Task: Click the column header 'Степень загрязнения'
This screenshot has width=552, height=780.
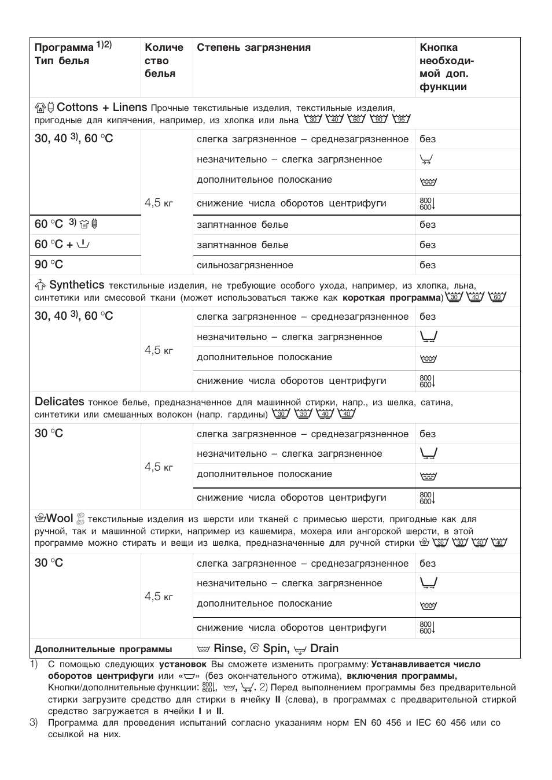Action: (x=253, y=48)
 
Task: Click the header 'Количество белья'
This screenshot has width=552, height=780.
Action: (x=164, y=61)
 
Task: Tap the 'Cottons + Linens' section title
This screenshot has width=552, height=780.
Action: (x=102, y=108)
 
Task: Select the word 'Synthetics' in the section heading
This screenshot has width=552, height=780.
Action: (x=76, y=285)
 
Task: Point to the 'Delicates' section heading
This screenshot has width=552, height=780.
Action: (x=59, y=402)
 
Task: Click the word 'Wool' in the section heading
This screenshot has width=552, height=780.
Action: (x=59, y=519)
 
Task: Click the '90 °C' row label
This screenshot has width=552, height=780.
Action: (x=49, y=265)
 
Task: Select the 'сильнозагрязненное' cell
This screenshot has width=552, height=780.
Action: (x=245, y=265)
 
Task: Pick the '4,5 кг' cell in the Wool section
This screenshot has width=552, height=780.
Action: (x=159, y=597)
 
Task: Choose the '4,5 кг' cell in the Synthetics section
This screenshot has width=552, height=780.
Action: (x=159, y=350)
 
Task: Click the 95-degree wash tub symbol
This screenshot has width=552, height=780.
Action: (x=401, y=119)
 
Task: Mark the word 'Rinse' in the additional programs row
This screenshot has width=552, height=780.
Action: (x=229, y=649)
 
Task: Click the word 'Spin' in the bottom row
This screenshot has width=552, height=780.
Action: (x=275, y=649)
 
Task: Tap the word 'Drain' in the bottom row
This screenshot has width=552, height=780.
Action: (x=324, y=649)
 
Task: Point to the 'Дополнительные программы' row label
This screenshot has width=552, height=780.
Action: (x=103, y=649)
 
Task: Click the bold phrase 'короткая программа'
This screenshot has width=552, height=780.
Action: (x=392, y=298)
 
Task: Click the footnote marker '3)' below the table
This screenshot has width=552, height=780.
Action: (x=34, y=723)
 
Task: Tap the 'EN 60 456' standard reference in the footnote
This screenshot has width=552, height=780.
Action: (x=377, y=723)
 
